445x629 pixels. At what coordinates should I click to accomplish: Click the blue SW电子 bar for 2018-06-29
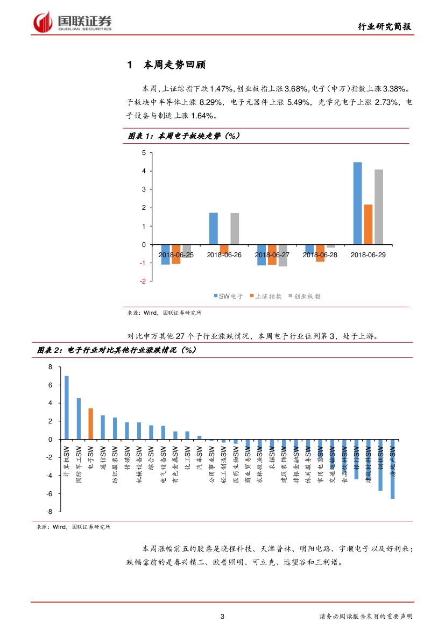pyautogui.click(x=357, y=203)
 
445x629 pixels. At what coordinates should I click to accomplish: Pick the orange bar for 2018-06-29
pyautogui.click(x=368, y=224)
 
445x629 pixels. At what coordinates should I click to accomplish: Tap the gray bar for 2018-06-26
pyautogui.click(x=235, y=229)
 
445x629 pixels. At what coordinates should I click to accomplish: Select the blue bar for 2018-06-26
pyautogui.click(x=214, y=229)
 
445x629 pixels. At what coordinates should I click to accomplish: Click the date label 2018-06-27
pyautogui.click(x=272, y=255)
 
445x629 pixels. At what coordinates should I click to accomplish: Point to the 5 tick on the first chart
pyautogui.click(x=144, y=153)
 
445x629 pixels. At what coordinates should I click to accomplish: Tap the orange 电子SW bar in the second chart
pyautogui.click(x=91, y=424)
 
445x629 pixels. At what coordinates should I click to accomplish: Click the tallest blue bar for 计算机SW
pyautogui.click(x=67, y=407)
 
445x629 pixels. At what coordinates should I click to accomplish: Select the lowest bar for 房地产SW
pyautogui.click(x=392, y=469)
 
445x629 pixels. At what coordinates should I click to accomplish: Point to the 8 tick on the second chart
pyautogui.click(x=51, y=367)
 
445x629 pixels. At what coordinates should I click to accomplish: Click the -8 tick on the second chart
pyautogui.click(x=49, y=512)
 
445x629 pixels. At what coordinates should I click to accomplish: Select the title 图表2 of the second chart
pyautogui.click(x=116, y=350)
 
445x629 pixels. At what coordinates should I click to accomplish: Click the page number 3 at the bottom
pyautogui.click(x=222, y=617)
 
